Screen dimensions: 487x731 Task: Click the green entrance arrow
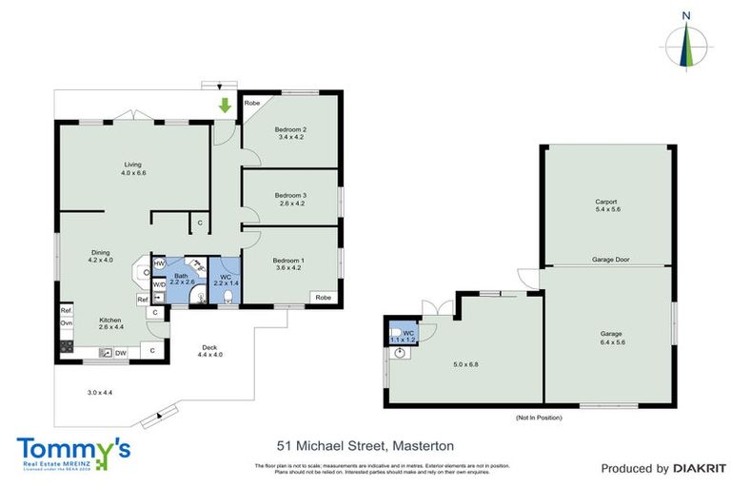tap(225, 105)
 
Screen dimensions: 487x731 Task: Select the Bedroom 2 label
tap(290, 133)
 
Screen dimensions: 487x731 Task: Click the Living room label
tap(132, 168)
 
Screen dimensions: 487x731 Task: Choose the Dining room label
tap(100, 256)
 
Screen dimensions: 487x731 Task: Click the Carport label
tap(606, 205)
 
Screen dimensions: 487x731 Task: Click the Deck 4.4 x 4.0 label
tap(209, 351)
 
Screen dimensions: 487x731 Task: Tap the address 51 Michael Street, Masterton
tap(365, 444)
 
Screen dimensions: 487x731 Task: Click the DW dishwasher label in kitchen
tap(121, 353)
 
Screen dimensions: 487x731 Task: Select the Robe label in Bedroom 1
tap(324, 297)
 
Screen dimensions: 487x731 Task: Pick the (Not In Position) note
tap(539, 418)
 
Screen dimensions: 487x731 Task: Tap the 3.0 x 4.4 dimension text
tap(100, 393)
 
